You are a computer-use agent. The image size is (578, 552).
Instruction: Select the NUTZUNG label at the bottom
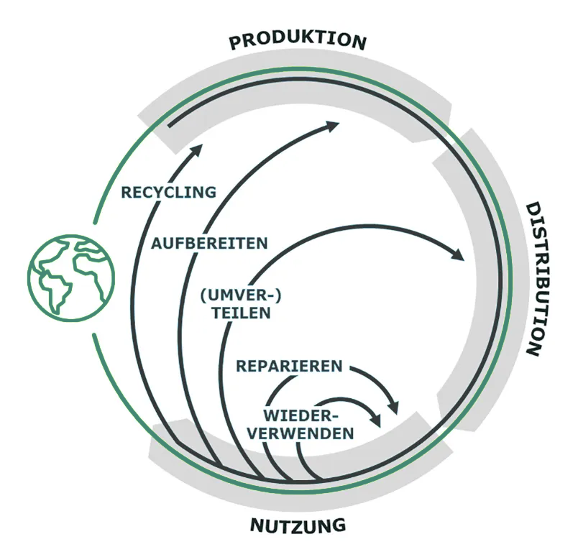tap(298, 525)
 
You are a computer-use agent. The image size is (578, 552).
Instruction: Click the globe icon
tap(71, 277)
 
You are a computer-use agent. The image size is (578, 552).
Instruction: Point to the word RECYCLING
tap(168, 193)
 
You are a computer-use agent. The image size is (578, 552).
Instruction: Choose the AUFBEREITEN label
tap(209, 243)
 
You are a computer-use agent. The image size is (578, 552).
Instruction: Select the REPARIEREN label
tap(289, 367)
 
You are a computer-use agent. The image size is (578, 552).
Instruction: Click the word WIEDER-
tap(301, 415)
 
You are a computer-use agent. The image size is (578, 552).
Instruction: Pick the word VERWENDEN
tap(308, 433)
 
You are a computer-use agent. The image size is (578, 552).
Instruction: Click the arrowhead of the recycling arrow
tap(198, 147)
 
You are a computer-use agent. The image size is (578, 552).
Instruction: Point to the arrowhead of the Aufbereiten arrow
tap(332, 126)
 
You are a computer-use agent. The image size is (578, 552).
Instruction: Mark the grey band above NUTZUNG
tap(302, 489)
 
